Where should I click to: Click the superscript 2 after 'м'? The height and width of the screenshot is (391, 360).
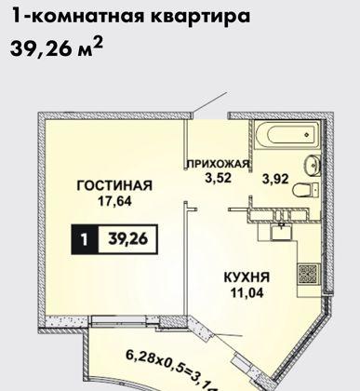click(96, 42)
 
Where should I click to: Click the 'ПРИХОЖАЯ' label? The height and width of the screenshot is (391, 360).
click(219, 164)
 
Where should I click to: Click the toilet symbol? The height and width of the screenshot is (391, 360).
click(303, 191)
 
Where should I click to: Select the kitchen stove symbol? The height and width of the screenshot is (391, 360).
click(304, 275)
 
